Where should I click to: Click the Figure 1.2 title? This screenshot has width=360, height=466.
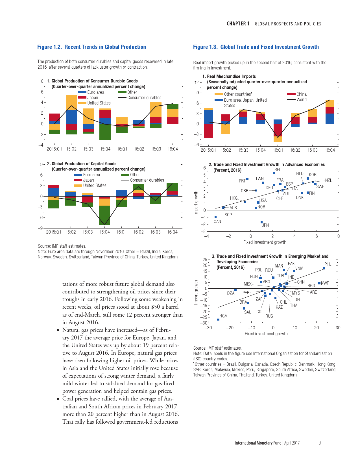pos(91,47)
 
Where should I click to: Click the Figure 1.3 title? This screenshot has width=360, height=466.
pos(256,47)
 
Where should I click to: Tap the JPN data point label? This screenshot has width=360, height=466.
pos(265,225)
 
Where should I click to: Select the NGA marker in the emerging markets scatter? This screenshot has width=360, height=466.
pos(218,319)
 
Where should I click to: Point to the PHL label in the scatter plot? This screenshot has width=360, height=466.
pos(328,264)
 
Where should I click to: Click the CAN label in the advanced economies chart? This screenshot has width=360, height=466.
pos(217,221)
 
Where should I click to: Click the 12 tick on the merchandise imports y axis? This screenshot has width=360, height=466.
pos(197,82)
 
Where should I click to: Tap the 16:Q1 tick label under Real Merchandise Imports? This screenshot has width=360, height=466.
pos(278,150)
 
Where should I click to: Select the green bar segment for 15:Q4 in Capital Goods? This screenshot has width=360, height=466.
pos(104,215)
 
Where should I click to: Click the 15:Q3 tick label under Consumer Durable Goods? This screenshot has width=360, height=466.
pos(88,149)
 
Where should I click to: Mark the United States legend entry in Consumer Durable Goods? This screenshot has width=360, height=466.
pos(99,103)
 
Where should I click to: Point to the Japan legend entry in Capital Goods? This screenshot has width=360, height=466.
pos(88,180)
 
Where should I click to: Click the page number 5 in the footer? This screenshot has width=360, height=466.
pos(320,443)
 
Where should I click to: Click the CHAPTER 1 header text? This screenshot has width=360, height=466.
pos(238,24)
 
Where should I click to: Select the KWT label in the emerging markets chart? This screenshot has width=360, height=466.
pos(325,283)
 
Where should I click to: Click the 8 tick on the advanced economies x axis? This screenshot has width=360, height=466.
pos(338,236)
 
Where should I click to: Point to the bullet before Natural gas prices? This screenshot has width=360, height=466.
pos(58,330)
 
